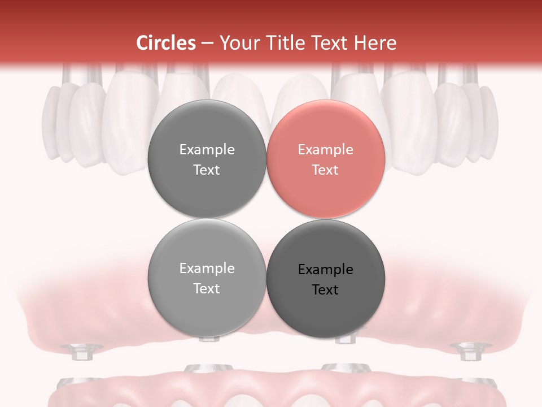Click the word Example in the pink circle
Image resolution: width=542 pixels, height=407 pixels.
click(325, 150)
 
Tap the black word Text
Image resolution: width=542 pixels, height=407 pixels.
click(325, 290)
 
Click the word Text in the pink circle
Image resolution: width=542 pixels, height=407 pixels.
click(325, 170)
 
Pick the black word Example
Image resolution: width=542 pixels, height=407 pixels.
click(325, 270)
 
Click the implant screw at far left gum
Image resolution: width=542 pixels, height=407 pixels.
click(81, 351)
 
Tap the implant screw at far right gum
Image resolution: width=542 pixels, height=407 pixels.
click(467, 351)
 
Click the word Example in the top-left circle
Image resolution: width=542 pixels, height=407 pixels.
click(207, 150)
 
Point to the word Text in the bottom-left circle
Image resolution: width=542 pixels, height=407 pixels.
click(207, 289)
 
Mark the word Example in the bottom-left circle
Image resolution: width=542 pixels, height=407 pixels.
click(207, 269)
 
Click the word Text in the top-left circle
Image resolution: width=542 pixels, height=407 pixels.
click(207, 170)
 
